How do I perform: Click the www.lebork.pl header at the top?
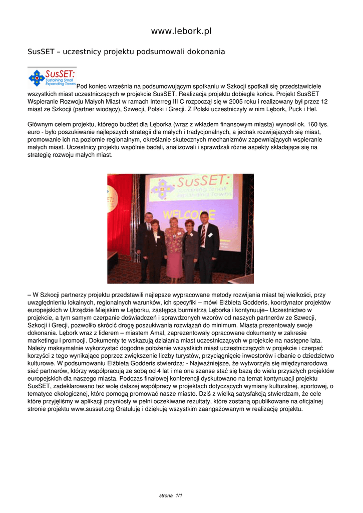[181, 31]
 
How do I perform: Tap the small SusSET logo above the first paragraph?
[52, 78]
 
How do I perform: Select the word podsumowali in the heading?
[156, 52]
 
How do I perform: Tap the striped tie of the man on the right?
[203, 236]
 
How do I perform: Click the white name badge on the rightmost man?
[210, 234]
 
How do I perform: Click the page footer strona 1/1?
[171, 495]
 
